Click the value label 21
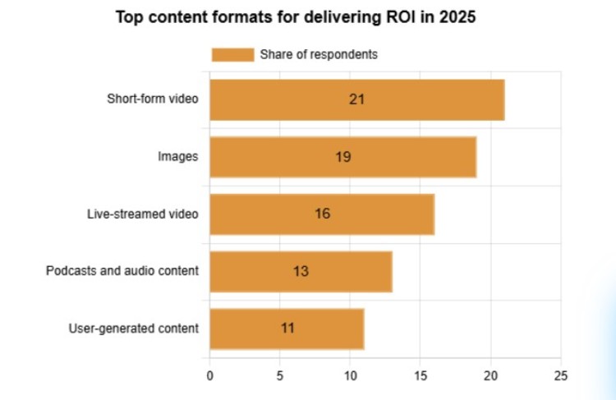click(x=356, y=99)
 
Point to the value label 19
click(x=343, y=156)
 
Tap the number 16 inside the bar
click(x=322, y=214)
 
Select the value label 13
click(x=301, y=271)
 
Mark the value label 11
click(x=287, y=329)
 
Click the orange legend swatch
click(x=232, y=55)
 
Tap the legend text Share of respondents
click(x=319, y=55)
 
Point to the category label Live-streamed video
click(x=143, y=214)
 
